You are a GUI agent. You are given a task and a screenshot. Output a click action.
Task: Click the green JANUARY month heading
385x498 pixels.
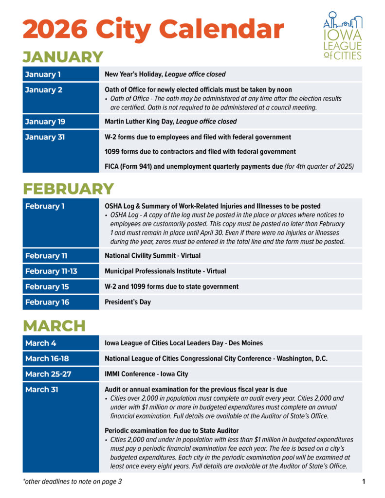63,57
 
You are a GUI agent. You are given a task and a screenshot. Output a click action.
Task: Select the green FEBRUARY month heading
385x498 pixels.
68,189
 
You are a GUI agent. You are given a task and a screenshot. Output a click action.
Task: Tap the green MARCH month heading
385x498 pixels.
54,325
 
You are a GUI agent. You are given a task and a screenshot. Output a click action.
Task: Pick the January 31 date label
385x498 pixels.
45,137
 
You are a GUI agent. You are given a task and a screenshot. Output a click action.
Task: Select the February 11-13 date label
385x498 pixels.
51,271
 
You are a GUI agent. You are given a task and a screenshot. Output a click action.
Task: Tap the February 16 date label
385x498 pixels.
47,302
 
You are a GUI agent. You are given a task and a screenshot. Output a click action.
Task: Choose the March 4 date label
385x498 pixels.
40,343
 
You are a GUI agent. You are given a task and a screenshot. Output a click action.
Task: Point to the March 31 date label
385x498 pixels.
42,390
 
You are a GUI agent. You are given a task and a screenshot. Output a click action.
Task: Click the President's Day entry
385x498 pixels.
128,302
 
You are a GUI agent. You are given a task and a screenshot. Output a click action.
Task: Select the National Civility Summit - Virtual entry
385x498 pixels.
152,255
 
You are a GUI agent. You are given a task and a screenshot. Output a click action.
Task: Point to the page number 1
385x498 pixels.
363,482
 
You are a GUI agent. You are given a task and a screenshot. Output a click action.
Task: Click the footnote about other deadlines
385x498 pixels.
73,482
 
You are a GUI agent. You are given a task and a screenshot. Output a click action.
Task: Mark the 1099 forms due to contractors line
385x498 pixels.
201,151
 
